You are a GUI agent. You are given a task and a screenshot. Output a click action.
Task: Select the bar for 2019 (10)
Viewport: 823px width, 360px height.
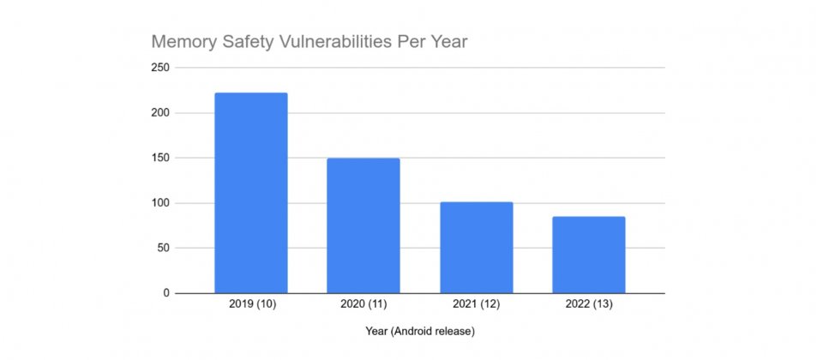(250, 193)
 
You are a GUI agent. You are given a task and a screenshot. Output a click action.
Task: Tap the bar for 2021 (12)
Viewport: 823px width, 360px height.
(476, 248)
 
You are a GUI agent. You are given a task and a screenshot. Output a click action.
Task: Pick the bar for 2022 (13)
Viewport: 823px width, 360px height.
(588, 255)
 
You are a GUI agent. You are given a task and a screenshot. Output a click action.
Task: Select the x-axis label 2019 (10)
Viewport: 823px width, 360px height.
(250, 304)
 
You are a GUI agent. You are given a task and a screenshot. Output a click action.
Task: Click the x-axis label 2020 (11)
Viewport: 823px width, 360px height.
(363, 304)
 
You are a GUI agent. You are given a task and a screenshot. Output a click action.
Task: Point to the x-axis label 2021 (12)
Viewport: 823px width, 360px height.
(476, 304)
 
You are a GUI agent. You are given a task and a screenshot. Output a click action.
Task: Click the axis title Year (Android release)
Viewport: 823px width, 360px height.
(419, 331)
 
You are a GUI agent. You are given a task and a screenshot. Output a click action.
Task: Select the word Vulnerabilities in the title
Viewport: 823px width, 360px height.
(333, 42)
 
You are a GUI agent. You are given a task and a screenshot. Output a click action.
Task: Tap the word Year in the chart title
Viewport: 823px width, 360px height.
(448, 42)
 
